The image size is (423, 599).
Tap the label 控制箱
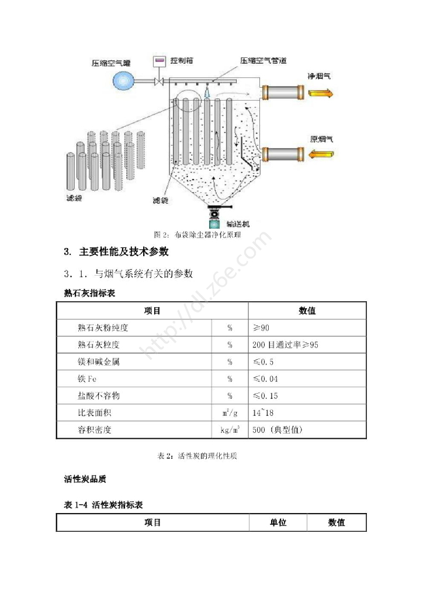click(182, 61)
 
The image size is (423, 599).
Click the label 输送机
click(238, 223)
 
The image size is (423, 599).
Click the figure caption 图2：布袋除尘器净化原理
click(197, 235)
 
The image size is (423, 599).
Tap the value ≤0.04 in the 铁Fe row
click(266, 379)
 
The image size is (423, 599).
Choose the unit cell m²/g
click(230, 413)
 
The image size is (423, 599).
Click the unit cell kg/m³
click(230, 431)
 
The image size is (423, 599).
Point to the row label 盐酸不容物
click(98, 396)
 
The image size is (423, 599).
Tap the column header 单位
click(278, 522)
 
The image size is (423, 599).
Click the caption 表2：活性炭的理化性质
click(197, 457)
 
